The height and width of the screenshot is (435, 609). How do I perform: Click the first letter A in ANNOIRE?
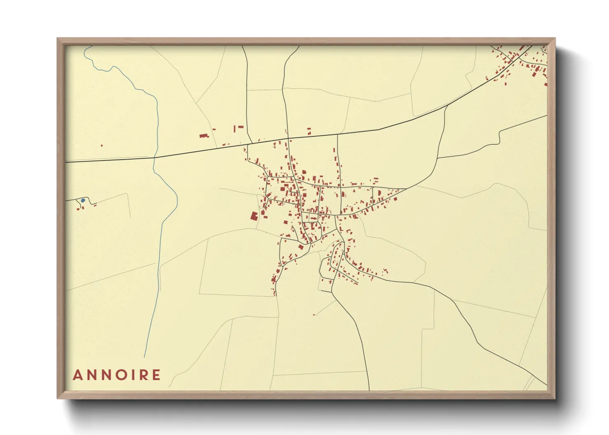pyautogui.click(x=77, y=375)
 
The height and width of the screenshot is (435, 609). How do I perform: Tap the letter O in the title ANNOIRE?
pyautogui.click(x=120, y=375)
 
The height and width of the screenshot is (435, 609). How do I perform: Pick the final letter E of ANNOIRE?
pyautogui.click(x=156, y=375)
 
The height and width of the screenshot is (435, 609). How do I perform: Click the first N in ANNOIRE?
pyautogui.click(x=91, y=375)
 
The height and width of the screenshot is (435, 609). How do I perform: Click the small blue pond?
pyautogui.click(x=83, y=200)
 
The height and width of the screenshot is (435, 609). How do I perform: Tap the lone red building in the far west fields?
pyautogui.click(x=102, y=145)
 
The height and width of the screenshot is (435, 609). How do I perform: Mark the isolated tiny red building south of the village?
pyautogui.click(x=314, y=315)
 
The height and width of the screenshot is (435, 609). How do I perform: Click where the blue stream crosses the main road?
pyautogui.click(x=155, y=157)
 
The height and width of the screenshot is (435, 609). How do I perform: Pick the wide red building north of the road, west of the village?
pyautogui.click(x=203, y=135)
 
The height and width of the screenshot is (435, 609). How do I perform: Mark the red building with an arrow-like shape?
pyautogui.click(x=301, y=247)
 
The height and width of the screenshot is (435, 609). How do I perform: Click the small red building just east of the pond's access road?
pyautogui.click(x=95, y=205)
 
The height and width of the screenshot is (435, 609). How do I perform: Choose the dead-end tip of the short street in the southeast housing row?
pyautogui.click(x=357, y=283)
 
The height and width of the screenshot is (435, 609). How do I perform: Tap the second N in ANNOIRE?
pyautogui.click(x=105, y=375)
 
